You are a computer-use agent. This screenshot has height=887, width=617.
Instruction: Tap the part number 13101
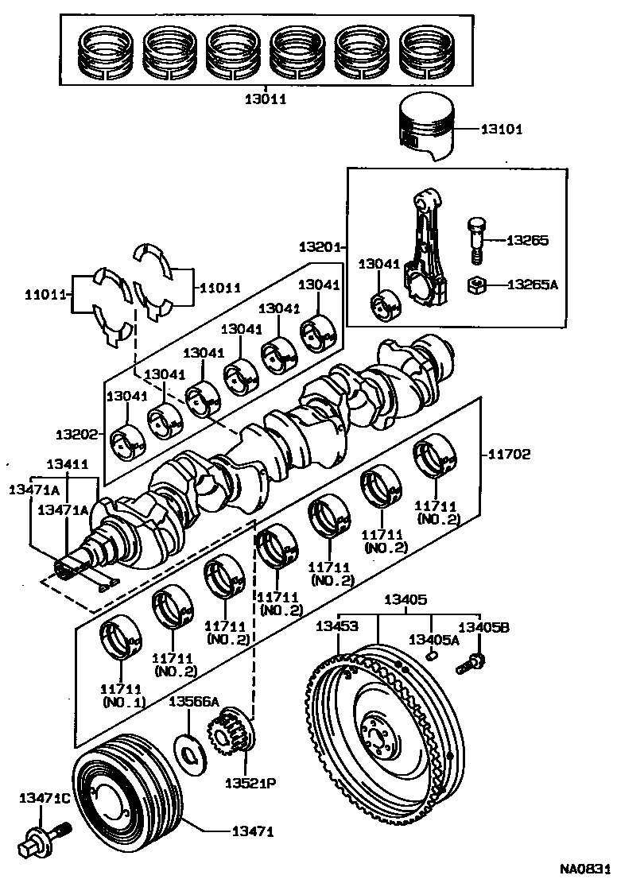[x=502, y=129]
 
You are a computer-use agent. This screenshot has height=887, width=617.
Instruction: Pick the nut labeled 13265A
[x=475, y=283]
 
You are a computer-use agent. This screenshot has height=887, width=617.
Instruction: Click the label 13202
[x=76, y=435]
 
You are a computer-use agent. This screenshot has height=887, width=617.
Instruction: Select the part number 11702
[x=508, y=455]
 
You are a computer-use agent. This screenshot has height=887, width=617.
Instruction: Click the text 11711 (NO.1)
[x=122, y=695]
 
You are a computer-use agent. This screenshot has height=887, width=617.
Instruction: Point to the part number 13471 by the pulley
[x=252, y=832]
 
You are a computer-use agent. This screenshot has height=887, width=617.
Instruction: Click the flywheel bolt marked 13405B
[x=471, y=661]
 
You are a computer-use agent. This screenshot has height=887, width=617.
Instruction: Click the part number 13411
[x=67, y=463]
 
